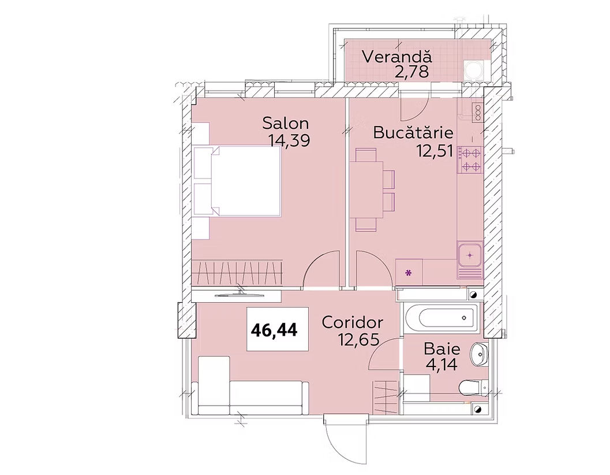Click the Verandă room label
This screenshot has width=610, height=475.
pyautogui.click(x=397, y=57)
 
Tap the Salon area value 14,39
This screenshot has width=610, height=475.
pyautogui.click(x=289, y=140)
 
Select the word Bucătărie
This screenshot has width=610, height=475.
pyautogui.click(x=413, y=132)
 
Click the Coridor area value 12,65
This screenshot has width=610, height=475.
pyautogui.click(x=358, y=340)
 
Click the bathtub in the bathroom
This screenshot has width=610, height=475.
pyautogui.click(x=443, y=317)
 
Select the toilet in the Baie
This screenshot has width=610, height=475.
pyautogui.click(x=473, y=387)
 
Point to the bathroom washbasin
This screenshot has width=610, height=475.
pyautogui.click(x=478, y=355)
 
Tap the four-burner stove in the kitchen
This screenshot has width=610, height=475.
pyautogui.click(x=470, y=159)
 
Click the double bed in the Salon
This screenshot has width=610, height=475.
pyautogui.click(x=237, y=181)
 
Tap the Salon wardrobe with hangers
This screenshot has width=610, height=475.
pyautogui.click(x=237, y=274)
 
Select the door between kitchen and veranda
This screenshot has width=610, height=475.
pyautogui.click(x=414, y=105)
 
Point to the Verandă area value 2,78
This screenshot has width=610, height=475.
pyautogui.click(x=411, y=72)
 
